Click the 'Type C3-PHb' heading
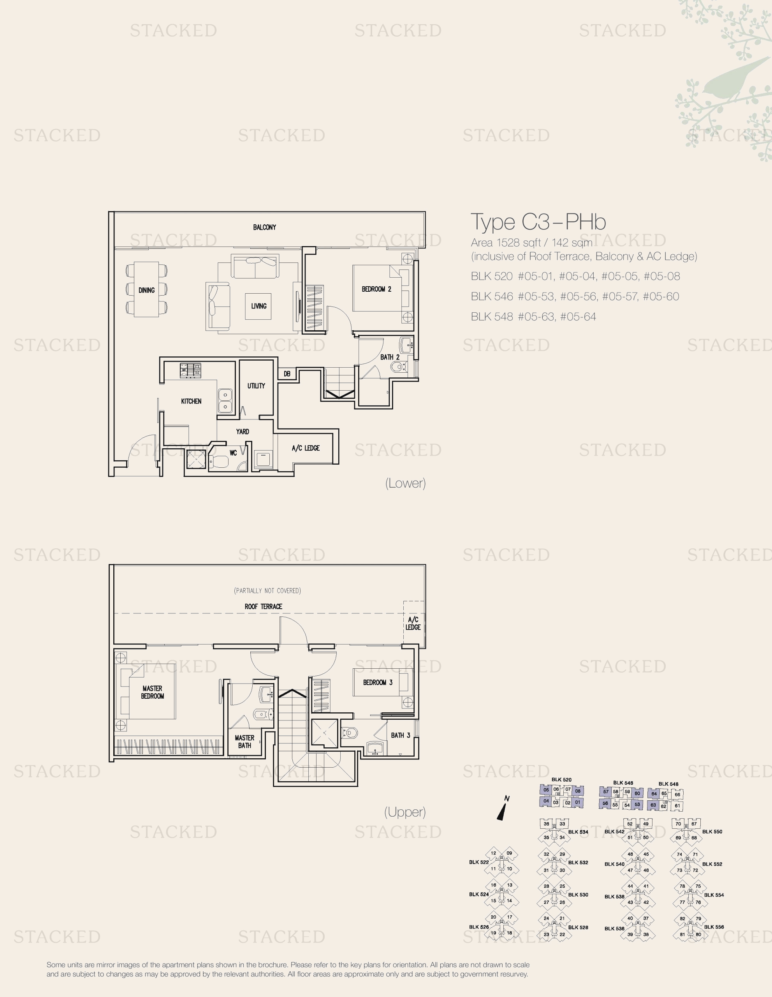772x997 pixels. [538, 222]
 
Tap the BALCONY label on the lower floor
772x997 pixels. [265, 227]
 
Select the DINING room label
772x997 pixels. [146, 290]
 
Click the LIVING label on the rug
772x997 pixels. [259, 306]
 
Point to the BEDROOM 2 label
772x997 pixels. [376, 289]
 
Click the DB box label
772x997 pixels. [287, 373]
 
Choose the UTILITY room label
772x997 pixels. [256, 386]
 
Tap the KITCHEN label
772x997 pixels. [191, 401]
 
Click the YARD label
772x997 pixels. [243, 432]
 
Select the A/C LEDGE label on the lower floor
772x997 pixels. [306, 448]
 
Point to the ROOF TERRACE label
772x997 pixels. [263, 606]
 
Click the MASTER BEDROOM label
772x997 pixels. [152, 692]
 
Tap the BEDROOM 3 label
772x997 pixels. [378, 682]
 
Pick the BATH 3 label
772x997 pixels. [401, 735]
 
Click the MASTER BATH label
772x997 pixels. [244, 742]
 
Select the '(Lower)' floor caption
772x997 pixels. [406, 483]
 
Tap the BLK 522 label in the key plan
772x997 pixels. [478, 862]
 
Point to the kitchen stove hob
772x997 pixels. [190, 370]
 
